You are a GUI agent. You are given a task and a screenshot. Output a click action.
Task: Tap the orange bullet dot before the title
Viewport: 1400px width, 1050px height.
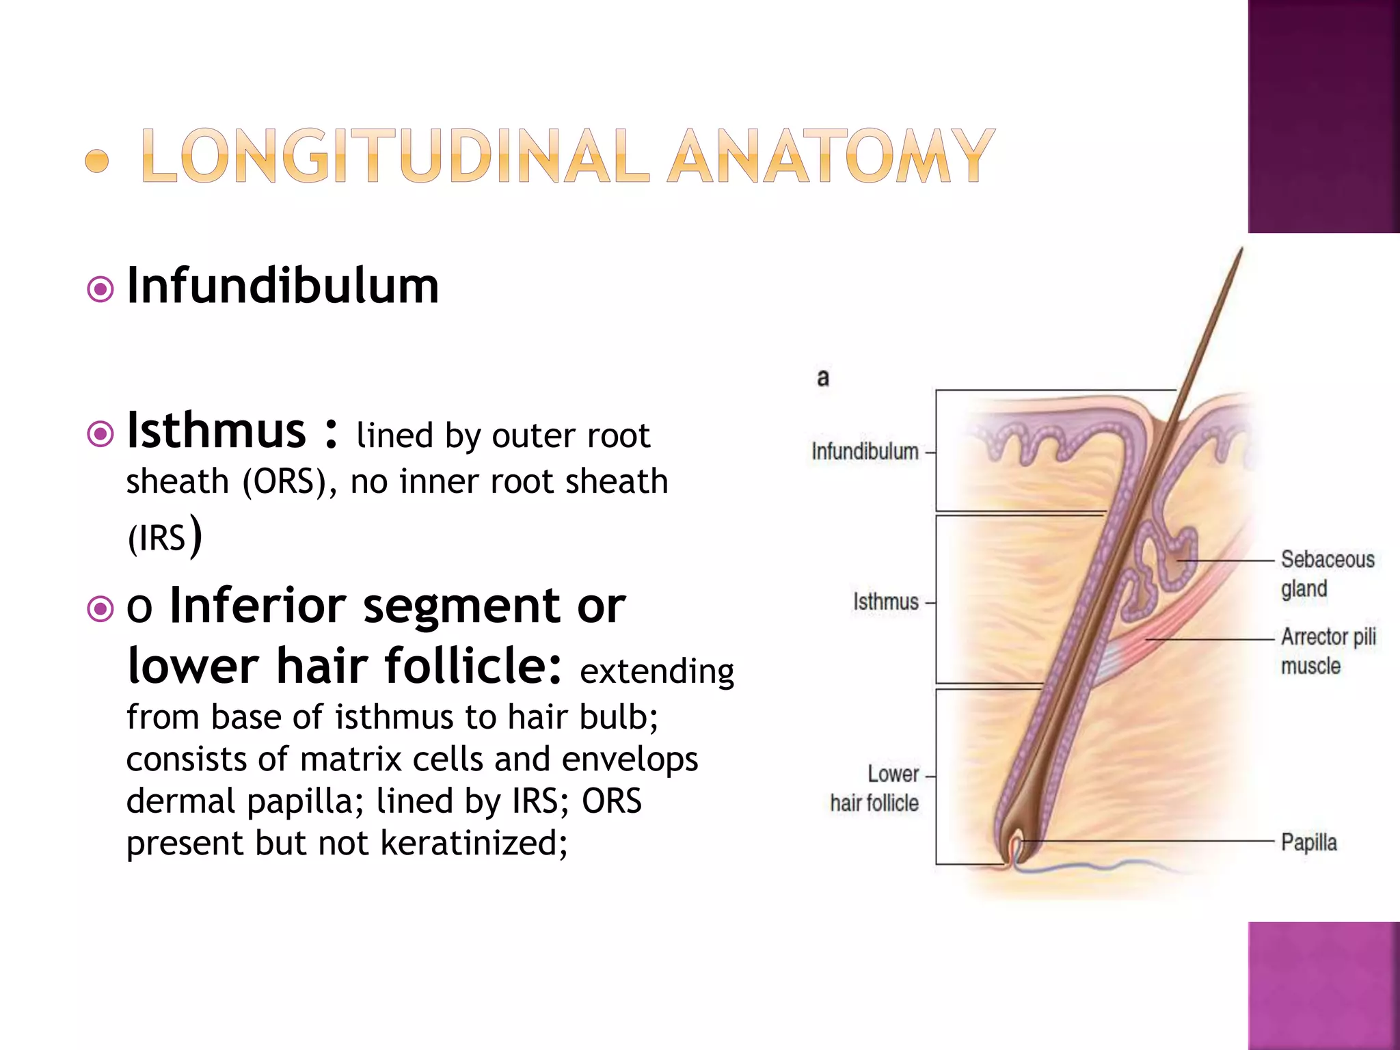click(97, 161)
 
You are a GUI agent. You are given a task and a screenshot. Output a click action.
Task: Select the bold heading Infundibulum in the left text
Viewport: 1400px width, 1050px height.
click(283, 286)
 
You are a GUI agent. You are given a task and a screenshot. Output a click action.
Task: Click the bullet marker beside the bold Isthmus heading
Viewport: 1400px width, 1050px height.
click(100, 433)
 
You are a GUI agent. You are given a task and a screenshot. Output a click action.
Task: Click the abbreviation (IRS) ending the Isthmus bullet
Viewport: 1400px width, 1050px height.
click(164, 537)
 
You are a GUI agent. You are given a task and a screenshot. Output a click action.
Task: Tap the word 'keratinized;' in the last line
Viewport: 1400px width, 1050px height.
click(474, 842)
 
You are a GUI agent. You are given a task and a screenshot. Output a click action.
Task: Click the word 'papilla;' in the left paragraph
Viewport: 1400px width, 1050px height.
click(305, 800)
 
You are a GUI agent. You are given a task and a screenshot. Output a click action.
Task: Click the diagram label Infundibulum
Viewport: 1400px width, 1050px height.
click(865, 452)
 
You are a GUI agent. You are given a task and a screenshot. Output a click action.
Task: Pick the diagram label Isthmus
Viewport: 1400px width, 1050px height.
click(885, 602)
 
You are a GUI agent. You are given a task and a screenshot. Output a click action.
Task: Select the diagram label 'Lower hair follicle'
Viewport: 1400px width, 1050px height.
click(875, 789)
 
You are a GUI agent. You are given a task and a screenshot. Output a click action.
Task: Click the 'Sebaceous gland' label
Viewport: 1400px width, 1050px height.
click(1326, 574)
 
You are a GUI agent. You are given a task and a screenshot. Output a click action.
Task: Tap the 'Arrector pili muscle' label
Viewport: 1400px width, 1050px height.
click(1328, 651)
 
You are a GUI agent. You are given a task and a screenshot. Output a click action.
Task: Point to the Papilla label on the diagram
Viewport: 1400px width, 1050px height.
click(1308, 842)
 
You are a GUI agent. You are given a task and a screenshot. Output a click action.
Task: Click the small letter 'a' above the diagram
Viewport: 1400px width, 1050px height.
click(823, 377)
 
